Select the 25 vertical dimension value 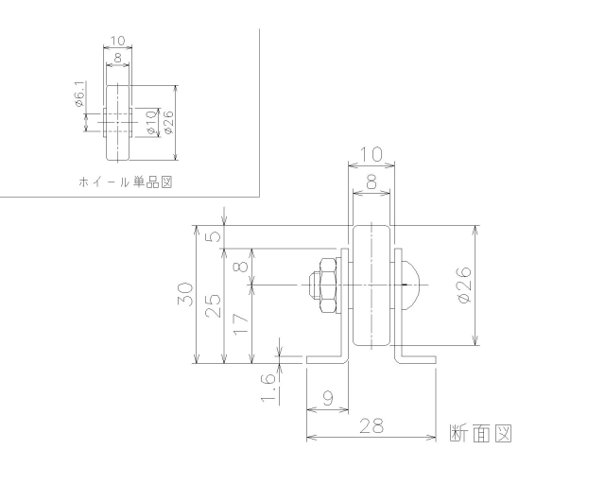214,304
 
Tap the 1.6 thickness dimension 268,385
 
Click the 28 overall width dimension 372,426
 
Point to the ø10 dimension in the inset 151,120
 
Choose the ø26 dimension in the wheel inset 167,120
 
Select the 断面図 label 480,433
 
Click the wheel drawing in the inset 117,121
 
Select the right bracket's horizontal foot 420,359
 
